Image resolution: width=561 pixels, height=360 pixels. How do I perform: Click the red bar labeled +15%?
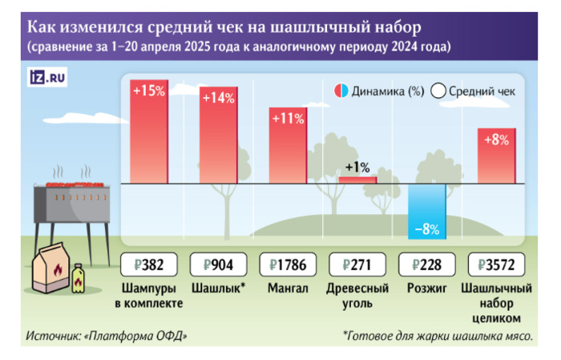coord(149,131)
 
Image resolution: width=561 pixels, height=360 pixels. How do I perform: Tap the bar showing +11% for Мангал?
coord(288,145)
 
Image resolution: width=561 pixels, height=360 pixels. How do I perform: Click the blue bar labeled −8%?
coord(426,211)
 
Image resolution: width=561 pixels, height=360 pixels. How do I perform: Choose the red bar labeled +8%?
coord(496,156)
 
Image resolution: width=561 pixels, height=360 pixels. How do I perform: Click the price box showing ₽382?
coord(149,265)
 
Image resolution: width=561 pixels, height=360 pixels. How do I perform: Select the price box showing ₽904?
coord(219,265)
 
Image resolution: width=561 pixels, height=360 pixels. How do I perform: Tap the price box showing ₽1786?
coord(288,265)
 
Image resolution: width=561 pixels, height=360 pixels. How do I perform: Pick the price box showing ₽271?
coord(357,265)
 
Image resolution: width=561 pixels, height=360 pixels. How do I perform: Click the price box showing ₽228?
coord(426,265)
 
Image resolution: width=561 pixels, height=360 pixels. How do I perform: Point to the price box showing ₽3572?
coord(496,265)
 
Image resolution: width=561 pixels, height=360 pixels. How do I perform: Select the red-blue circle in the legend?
coord(341,91)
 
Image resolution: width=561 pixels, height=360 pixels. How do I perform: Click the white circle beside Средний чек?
coord(438,91)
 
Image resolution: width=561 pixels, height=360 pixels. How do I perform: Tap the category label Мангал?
coord(288,289)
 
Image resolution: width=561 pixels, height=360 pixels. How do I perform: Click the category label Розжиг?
coord(426,289)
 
